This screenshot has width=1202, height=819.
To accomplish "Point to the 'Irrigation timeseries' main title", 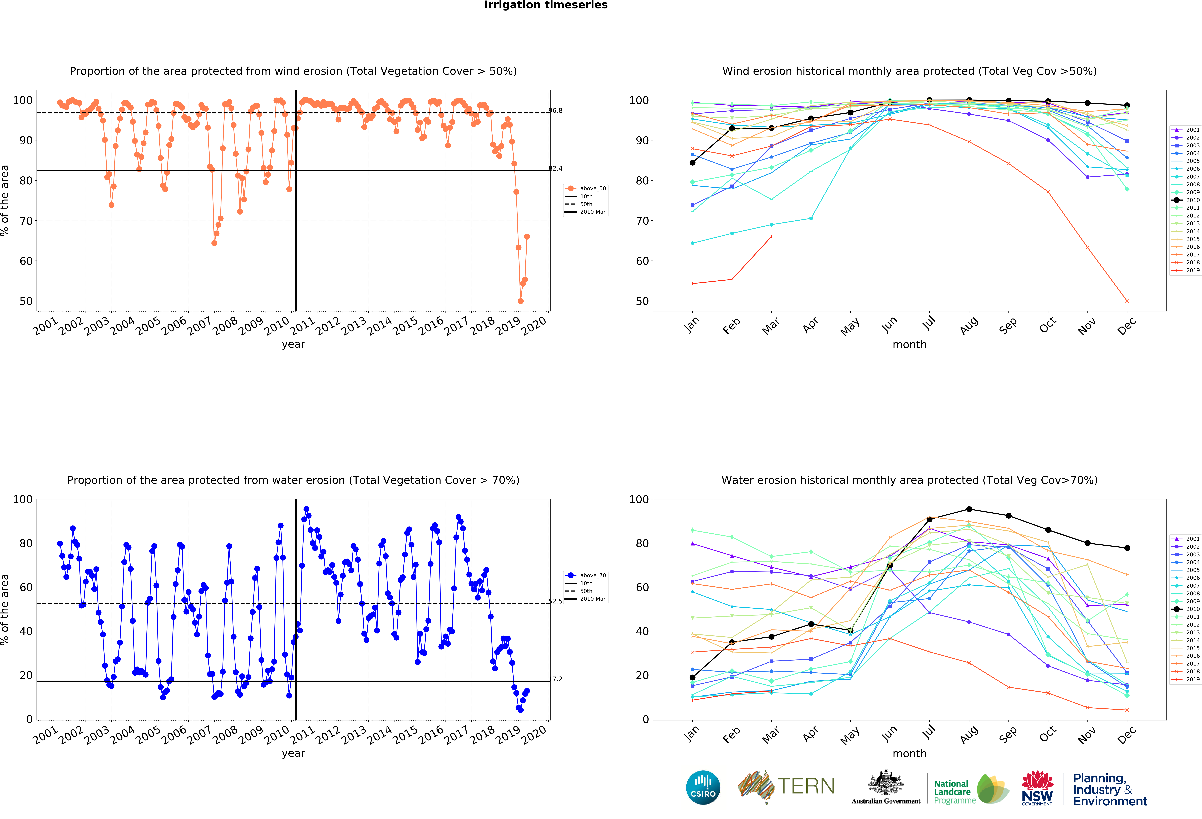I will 546,5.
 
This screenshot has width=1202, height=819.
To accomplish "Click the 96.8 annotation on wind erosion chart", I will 556,111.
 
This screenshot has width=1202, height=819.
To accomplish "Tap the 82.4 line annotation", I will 556,168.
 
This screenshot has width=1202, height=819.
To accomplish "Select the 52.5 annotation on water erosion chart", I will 556,601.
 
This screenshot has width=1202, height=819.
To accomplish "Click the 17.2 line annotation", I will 556,679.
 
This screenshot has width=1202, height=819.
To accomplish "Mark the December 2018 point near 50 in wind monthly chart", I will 1127,301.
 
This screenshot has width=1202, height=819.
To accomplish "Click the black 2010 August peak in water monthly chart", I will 969,509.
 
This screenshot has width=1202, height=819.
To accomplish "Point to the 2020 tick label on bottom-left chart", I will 534,734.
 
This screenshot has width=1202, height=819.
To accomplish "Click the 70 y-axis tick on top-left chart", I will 26,221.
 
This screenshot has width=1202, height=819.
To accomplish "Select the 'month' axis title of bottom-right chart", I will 909,753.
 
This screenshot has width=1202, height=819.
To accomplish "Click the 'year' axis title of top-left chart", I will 293,344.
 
